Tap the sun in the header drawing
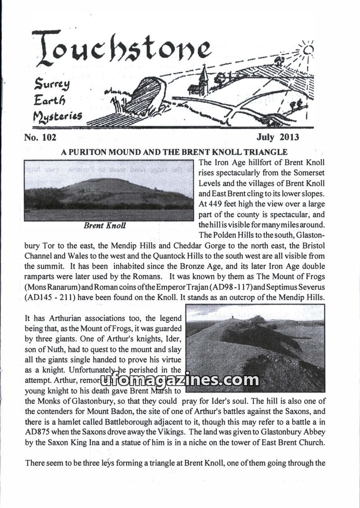click(307, 50)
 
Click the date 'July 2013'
click(278, 137)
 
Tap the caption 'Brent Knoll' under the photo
click(104, 226)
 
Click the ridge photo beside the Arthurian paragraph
click(255, 348)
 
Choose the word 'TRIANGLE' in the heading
click(264, 153)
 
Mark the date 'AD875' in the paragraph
click(37, 432)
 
